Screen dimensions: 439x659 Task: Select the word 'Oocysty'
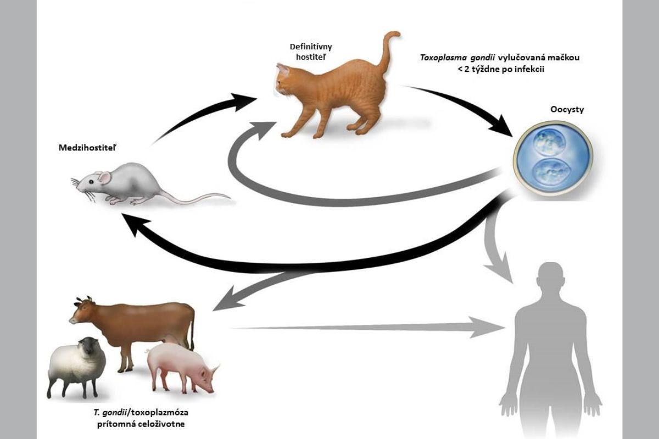click(x=567, y=109)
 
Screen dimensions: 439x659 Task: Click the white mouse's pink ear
click(x=102, y=177)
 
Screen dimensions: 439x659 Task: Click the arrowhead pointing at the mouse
click(x=132, y=222)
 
